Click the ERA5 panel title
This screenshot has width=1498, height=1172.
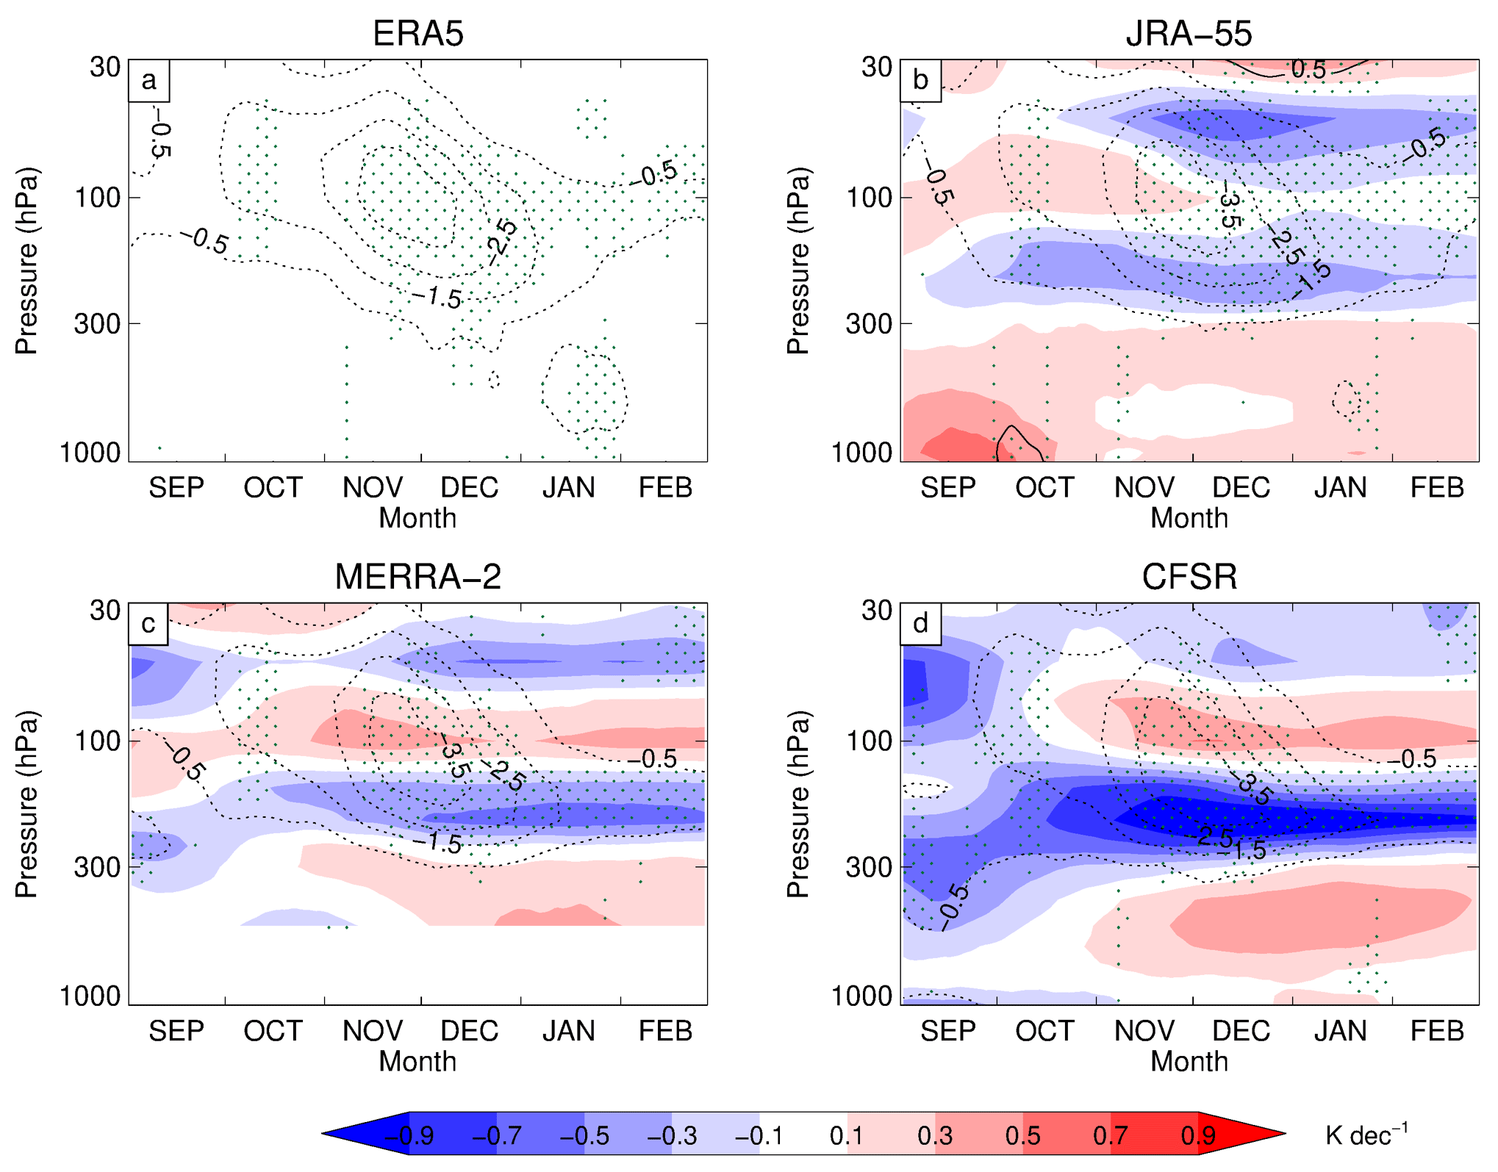click(417, 33)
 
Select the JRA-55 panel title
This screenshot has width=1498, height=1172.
click(1189, 33)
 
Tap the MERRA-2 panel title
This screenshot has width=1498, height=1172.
click(417, 577)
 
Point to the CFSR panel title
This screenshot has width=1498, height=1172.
click(1189, 577)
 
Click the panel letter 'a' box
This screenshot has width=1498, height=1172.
click(149, 80)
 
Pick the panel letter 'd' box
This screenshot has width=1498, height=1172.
click(920, 624)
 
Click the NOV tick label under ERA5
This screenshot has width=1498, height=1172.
click(373, 488)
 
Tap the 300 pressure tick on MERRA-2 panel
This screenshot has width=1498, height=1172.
click(97, 867)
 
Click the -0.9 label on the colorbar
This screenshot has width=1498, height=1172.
click(409, 1136)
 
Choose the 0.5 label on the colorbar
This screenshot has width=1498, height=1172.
click(1022, 1136)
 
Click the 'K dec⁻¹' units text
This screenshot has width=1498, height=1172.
click(1366, 1135)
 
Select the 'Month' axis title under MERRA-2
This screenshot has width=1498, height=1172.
click(417, 1062)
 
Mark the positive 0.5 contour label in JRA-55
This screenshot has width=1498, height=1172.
click(1308, 70)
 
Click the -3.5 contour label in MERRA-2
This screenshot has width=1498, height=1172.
click(455, 760)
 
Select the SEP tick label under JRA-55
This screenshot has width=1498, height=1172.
click(947, 488)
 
